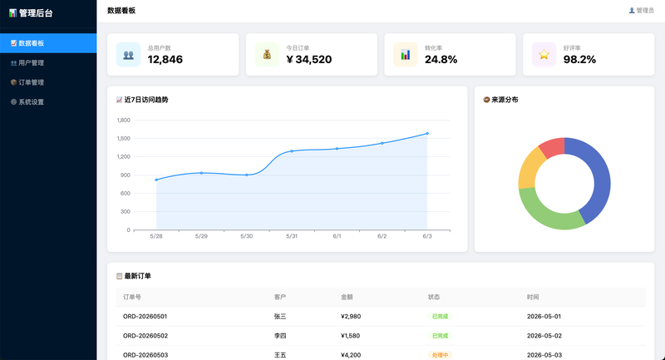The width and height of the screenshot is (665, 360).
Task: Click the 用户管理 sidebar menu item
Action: (27, 62)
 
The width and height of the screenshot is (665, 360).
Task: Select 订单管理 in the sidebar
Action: (27, 82)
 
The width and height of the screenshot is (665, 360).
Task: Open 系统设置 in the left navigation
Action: (27, 101)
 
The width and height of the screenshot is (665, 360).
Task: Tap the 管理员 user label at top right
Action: (641, 11)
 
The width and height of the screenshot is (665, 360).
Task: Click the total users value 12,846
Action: (165, 59)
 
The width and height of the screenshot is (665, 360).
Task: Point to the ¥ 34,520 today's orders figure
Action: (309, 59)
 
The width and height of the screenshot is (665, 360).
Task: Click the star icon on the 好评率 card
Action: (544, 54)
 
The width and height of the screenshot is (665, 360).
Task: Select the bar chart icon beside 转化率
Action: (406, 55)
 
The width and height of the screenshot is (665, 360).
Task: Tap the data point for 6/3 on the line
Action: (427, 134)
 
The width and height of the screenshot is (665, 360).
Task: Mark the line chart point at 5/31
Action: (292, 151)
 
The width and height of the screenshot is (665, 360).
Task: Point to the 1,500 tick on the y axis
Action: (123, 138)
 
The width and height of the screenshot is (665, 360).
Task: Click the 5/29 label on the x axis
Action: (201, 236)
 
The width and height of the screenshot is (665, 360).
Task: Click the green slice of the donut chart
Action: (548, 212)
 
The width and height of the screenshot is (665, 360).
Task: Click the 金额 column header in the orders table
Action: (347, 298)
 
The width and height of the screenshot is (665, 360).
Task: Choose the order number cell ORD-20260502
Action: (145, 336)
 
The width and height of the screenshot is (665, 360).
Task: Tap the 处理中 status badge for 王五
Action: (440, 355)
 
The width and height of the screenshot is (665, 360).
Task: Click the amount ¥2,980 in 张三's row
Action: (351, 316)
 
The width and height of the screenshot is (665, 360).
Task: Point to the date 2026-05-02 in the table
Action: (544, 336)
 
